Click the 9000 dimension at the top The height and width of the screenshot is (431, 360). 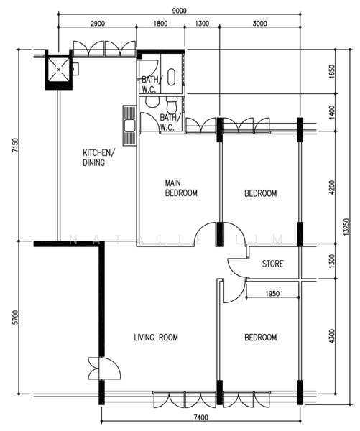[x=179, y=11]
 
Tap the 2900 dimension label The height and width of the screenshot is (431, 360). [x=98, y=24]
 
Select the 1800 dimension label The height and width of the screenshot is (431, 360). [x=160, y=24]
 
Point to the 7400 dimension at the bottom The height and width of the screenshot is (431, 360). [x=200, y=417]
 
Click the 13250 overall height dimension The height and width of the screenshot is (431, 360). [x=346, y=227]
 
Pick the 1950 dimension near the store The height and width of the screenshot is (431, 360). [x=272, y=294]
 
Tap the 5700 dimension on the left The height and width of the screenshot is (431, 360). [x=15, y=318]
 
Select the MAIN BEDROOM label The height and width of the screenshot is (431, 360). [x=181, y=187]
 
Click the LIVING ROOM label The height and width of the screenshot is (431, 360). [x=156, y=338]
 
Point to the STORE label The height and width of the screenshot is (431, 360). [x=272, y=264]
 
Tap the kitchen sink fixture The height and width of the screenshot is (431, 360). [x=129, y=126]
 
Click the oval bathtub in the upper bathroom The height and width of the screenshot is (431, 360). [x=172, y=77]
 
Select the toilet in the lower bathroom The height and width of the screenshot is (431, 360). [x=172, y=103]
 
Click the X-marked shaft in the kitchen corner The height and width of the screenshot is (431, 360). [x=59, y=70]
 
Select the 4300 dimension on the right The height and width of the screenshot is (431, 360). [x=332, y=336]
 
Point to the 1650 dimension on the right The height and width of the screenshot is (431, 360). [x=332, y=71]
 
